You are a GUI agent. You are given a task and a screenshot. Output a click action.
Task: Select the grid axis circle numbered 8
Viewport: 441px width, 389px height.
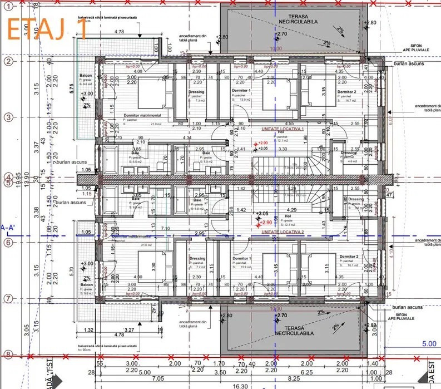pyautogui.click(x=8, y=354)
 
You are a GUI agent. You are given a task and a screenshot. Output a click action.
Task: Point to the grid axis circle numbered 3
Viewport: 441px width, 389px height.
pyautogui.click(x=8, y=117)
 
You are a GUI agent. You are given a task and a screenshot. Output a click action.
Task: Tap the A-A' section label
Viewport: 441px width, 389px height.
pyautogui.click(x=8, y=227)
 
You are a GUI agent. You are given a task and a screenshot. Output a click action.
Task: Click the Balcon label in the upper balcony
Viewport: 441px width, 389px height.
pyautogui.click(x=85, y=75)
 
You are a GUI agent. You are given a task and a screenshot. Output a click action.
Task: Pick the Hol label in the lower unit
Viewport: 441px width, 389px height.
pyautogui.click(x=288, y=215)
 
